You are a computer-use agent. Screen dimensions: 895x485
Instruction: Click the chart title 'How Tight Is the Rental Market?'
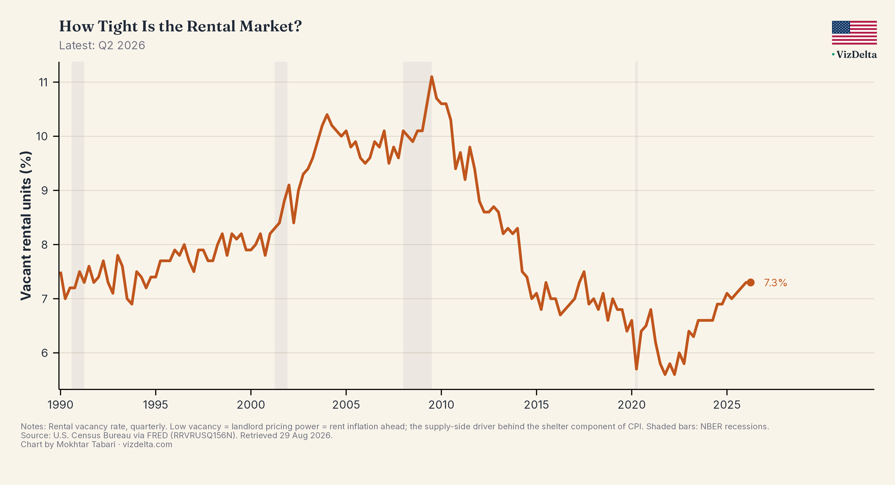180,26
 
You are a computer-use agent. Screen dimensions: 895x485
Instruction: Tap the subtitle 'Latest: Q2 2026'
102,46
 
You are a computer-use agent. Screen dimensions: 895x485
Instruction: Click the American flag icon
854,33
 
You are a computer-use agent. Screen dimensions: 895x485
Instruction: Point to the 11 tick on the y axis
44,82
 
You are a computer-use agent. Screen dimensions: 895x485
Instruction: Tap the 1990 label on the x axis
60,405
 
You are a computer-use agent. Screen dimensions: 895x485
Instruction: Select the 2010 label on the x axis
441,405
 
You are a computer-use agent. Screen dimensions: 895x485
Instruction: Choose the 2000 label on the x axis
251,405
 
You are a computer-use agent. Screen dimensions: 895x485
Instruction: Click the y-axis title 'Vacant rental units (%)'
26,226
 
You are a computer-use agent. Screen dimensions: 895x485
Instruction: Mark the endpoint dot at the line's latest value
751,282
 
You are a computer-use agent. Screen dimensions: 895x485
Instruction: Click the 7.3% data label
775,283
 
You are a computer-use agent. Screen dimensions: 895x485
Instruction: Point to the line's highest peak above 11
432,77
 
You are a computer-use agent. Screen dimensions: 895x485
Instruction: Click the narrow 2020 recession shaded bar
636,225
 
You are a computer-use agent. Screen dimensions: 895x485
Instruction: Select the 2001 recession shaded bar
281,225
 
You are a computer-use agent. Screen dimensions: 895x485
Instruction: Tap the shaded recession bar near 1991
78,225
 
